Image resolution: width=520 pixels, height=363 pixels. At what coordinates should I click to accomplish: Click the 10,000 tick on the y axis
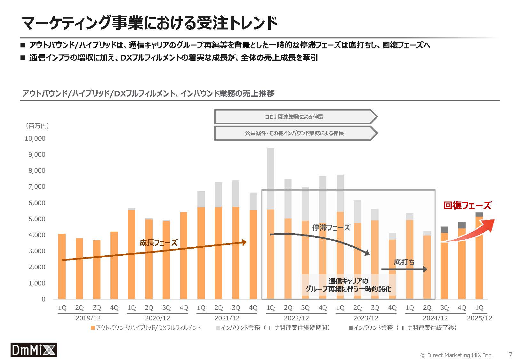tap(35, 138)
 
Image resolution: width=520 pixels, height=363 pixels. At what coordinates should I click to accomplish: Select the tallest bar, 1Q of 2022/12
tap(270, 224)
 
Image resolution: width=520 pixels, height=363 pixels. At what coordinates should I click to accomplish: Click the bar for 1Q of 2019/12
tap(62, 266)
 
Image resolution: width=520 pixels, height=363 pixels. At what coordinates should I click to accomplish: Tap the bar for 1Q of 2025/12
tap(479, 256)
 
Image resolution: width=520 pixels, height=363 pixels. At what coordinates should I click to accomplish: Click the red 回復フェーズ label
tap(467, 205)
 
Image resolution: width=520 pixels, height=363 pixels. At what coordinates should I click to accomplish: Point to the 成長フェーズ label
tap(158, 243)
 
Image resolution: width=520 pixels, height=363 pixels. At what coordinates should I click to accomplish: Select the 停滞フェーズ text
tap(331, 227)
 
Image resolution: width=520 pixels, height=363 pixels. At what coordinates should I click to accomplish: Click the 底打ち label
tap(404, 262)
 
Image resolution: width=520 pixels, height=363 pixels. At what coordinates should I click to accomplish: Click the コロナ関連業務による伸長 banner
tap(294, 117)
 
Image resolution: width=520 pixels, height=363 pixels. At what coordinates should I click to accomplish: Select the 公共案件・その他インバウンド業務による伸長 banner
tap(294, 133)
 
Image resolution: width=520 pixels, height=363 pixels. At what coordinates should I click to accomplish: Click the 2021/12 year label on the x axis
tap(227, 318)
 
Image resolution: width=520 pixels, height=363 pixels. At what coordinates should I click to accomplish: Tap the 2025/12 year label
tap(479, 318)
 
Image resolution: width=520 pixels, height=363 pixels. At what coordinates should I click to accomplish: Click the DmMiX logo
tap(34, 350)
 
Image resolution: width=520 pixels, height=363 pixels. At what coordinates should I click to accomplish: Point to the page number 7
tap(510, 355)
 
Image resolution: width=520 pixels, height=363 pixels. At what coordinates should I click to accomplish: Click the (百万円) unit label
tap(37, 126)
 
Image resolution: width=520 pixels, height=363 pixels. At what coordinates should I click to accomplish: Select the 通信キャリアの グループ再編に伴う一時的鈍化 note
tap(348, 285)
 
